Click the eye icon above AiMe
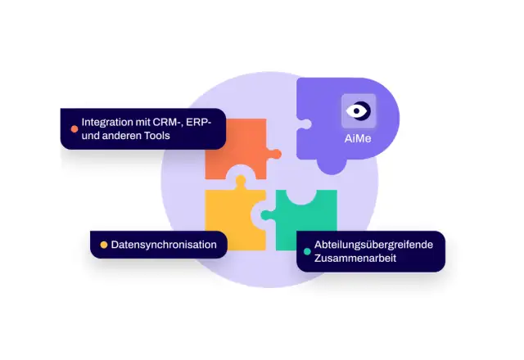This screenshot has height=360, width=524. click(x=359, y=110)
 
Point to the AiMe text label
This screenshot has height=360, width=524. click(x=358, y=138)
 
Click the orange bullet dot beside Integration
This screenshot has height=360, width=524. click(x=75, y=129)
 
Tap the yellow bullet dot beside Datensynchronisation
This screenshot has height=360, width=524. click(x=104, y=245)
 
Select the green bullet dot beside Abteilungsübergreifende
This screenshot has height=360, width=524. click(x=307, y=251)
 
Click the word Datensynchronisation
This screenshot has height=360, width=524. click(x=164, y=245)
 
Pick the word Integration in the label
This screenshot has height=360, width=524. click(x=107, y=122)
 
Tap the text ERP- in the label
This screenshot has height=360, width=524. click(x=198, y=122)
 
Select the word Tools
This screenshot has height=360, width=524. click(x=157, y=136)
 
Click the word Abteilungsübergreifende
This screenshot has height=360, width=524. click(x=373, y=245)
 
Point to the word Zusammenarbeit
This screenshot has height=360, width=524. click(x=355, y=259)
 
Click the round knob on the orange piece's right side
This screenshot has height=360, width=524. click(x=275, y=154)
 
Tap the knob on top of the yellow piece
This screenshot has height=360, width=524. click(x=240, y=181)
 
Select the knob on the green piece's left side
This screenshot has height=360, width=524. click(x=267, y=215)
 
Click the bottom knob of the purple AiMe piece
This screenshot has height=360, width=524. click(x=332, y=166)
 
